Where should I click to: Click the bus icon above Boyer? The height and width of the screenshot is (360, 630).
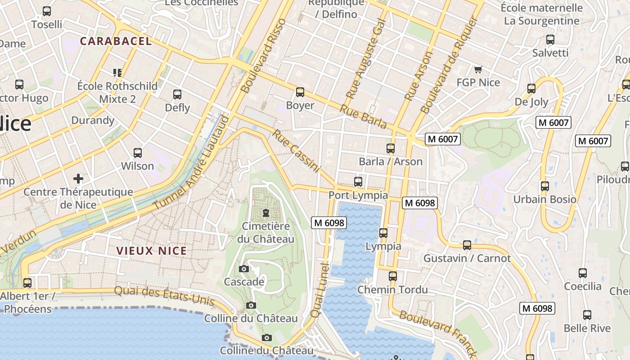coord(300,92)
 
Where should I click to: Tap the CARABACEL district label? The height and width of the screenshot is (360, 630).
coord(116,41)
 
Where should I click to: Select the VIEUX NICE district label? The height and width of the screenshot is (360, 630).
coord(152,251)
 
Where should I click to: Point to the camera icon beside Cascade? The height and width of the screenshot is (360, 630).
coord(244,269)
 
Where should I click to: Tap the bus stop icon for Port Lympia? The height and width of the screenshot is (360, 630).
coord(358,182)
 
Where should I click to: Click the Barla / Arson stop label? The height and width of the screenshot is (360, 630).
coord(391,162)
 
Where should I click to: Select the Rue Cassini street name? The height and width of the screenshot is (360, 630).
coord(296,151)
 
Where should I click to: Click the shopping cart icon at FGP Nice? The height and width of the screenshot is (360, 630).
coord(478,70)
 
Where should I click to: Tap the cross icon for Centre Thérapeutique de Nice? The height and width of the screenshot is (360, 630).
coord(78,179)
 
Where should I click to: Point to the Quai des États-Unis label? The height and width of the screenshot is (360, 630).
coord(164,296)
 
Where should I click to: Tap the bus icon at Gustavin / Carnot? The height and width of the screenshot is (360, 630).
coord(467,245)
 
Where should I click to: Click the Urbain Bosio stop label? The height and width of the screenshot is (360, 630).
coord(545,199)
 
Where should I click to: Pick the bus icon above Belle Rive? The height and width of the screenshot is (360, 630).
coord(587,315)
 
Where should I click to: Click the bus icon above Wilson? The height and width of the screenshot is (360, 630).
coord(138,153)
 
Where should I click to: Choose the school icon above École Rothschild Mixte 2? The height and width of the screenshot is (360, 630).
coord(117,72)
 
